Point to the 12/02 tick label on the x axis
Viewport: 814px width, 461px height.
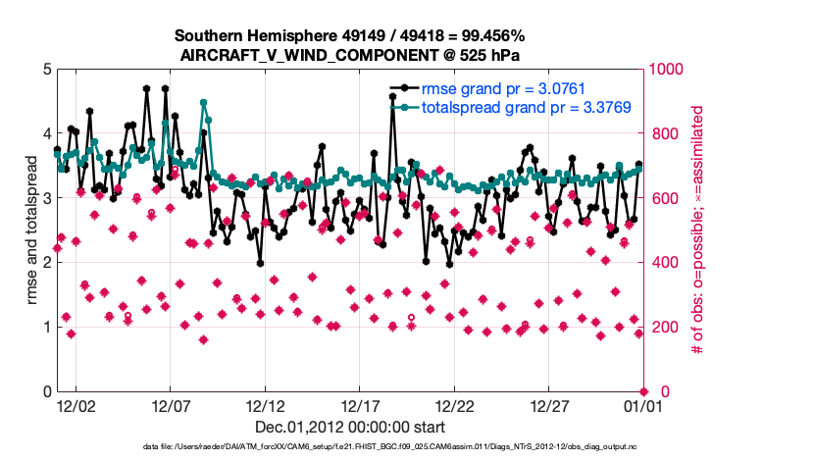tap(76, 405)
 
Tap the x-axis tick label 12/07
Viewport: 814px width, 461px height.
tap(170, 405)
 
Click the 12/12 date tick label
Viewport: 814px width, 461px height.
tap(265, 405)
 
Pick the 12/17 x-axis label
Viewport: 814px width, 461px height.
tap(360, 405)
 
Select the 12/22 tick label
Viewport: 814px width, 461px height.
tap(454, 405)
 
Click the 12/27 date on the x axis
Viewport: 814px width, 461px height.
tap(549, 405)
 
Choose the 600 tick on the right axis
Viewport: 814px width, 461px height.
tap(663, 198)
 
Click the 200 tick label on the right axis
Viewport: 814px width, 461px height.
tap(663, 328)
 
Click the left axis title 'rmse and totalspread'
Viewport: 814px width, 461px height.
tap(31, 230)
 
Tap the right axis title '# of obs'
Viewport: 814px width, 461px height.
tap(698, 230)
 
